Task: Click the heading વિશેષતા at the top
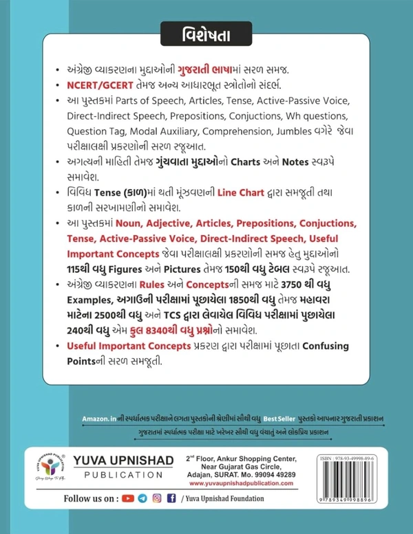click(x=206, y=32)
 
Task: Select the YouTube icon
click(x=128, y=516)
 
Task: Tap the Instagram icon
click(x=156, y=516)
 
